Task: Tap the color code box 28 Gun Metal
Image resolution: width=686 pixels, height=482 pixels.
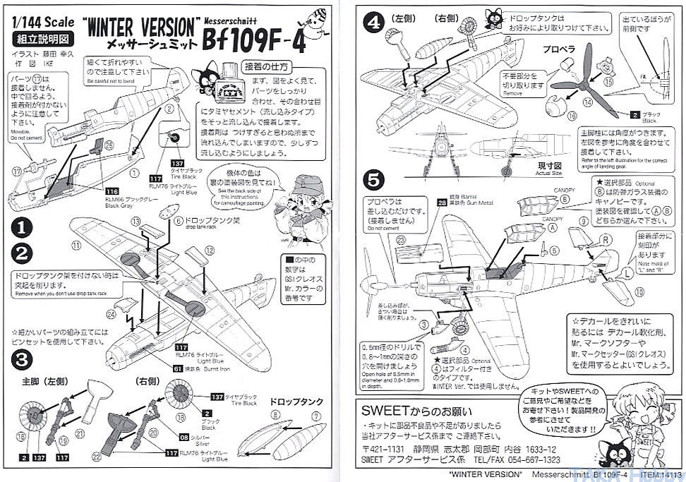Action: (442, 203)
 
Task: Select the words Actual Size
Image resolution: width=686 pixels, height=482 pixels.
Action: (548, 173)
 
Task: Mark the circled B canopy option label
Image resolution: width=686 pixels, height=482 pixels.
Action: (566, 200)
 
